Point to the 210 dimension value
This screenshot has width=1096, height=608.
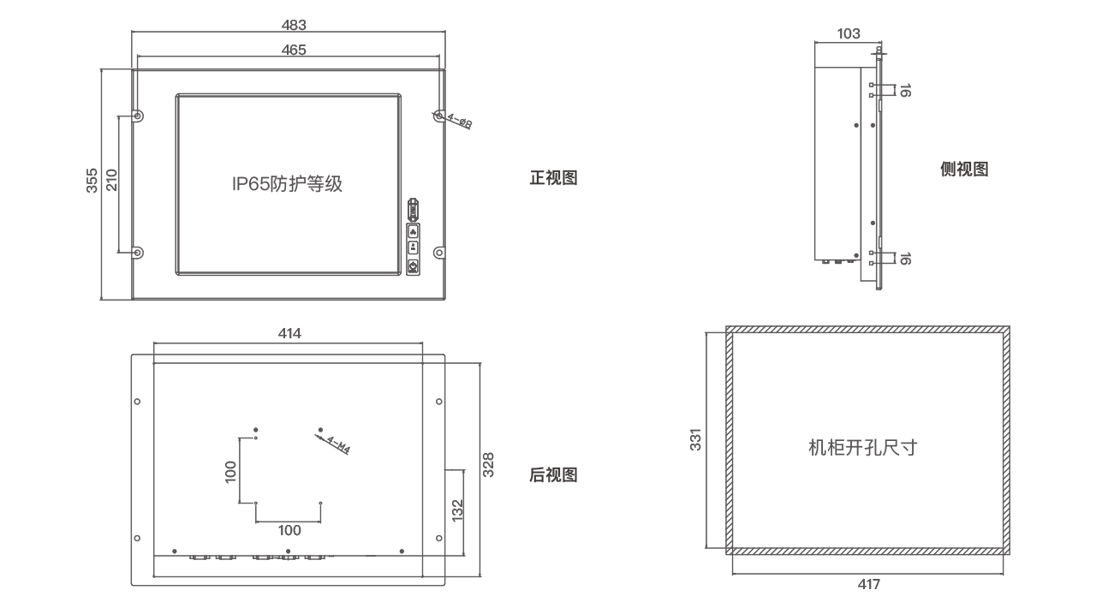112,182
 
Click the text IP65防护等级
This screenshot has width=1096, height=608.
287,183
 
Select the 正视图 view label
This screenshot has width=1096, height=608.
553,178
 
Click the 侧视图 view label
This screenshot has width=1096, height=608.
964,170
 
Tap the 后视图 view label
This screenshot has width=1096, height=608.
553,474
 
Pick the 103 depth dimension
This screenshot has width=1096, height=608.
848,34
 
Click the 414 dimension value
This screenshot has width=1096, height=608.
289,334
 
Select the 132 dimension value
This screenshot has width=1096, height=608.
457,510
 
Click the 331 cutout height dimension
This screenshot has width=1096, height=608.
696,439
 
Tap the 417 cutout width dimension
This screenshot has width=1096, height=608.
868,585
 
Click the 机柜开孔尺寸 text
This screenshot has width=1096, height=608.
862,447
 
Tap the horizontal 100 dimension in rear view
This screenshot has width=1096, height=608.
289,531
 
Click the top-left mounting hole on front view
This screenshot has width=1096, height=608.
138,116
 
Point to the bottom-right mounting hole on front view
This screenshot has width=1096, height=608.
439,253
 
